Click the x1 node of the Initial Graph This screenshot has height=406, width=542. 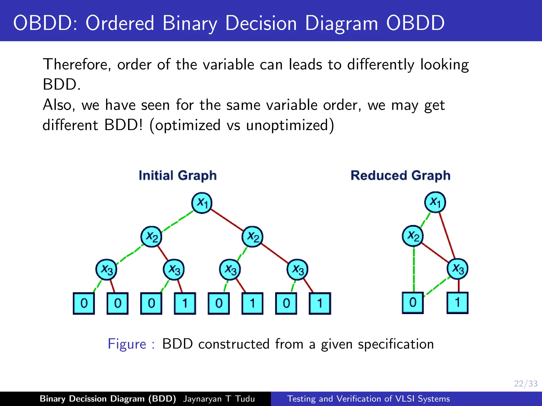click(x=202, y=203)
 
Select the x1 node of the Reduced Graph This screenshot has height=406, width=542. click(x=435, y=202)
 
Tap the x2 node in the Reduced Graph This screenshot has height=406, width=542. click(x=413, y=236)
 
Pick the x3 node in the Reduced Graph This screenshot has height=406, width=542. click(x=458, y=269)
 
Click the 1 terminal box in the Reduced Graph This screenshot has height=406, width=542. click(x=458, y=303)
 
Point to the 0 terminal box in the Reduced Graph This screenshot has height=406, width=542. click(x=413, y=303)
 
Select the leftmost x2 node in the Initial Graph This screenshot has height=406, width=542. click(x=151, y=237)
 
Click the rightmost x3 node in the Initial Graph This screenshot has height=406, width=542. click(x=297, y=270)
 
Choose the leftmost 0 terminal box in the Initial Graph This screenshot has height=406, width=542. click(x=84, y=303)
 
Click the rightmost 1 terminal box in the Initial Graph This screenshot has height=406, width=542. click(x=320, y=303)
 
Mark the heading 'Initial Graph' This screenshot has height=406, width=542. click(x=178, y=176)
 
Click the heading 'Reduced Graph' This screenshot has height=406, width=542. click(x=400, y=176)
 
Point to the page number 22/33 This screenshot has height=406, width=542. click(x=526, y=384)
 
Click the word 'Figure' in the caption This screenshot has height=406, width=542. click(x=127, y=344)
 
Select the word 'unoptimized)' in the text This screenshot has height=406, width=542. click(x=290, y=125)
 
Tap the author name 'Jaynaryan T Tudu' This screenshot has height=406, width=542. click(x=219, y=399)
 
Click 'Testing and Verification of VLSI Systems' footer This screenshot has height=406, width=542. click(x=368, y=399)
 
